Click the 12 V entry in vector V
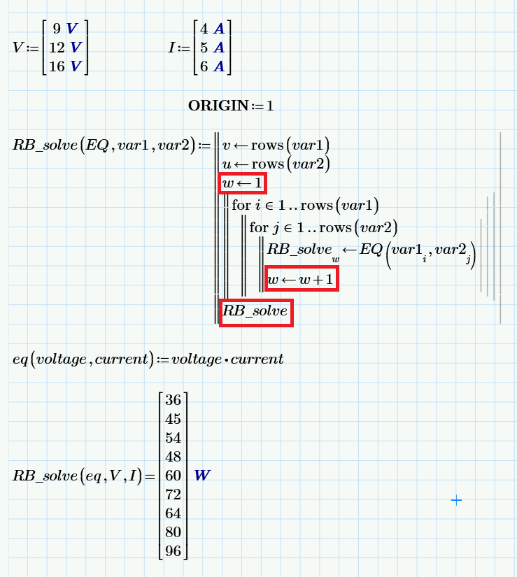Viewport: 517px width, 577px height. coord(66,48)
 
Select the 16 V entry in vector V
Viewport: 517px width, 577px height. coord(66,66)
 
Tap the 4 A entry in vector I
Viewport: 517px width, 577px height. coord(212,29)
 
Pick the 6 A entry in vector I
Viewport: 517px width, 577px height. coord(212,66)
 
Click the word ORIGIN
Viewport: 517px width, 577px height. coord(218,106)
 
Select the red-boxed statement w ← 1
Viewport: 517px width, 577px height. coord(243,183)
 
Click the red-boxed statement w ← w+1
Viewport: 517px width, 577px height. coord(302,279)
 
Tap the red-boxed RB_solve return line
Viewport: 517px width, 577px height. coord(256,313)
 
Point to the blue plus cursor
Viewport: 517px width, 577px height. coord(456,500)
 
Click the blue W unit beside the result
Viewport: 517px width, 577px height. coord(202,476)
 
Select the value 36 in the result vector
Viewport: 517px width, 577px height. coord(173,400)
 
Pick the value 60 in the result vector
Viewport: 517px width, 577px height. coord(173,476)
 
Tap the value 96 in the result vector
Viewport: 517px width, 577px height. coord(173,551)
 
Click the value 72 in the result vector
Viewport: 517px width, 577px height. coord(173,494)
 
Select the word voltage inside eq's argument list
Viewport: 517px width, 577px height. coord(61,359)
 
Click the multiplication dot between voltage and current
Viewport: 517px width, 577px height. coord(226,359)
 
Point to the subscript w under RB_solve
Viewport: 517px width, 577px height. coord(336,259)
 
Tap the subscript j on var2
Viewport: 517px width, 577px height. coord(469,259)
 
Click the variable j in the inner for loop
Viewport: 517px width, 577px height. coord(275,228)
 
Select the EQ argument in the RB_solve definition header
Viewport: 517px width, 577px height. coord(97,145)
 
